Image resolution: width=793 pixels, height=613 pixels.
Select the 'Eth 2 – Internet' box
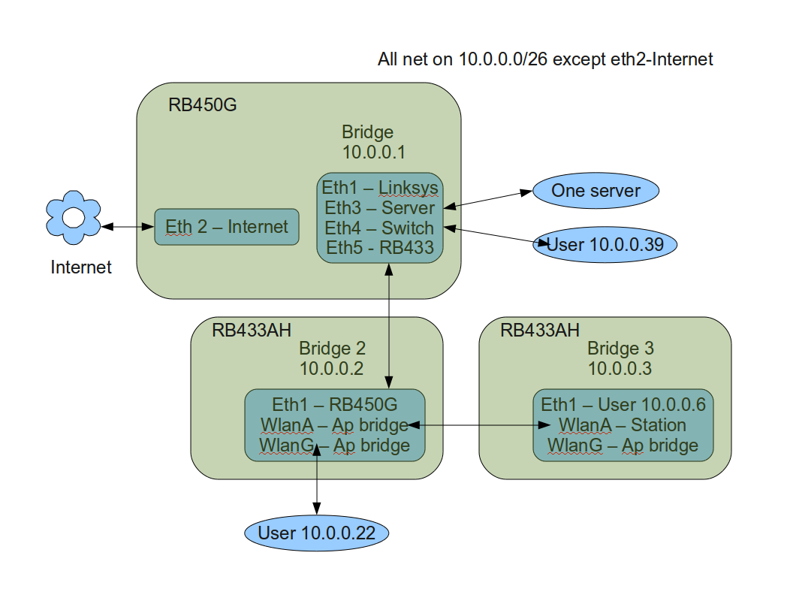tap(227, 227)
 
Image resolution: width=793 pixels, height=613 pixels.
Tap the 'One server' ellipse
tap(596, 191)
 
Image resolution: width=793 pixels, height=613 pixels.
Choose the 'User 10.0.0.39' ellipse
tap(605, 245)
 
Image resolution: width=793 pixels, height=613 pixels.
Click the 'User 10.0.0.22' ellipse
tap(317, 533)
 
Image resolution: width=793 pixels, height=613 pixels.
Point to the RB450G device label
tap(202, 104)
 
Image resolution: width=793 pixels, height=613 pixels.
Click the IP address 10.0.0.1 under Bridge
tap(374, 152)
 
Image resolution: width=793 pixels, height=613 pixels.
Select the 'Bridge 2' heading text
tap(332, 349)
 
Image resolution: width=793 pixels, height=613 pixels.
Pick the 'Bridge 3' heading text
tap(620, 349)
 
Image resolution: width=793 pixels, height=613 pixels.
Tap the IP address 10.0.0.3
tap(620, 368)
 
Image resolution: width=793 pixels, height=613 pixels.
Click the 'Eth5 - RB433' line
tap(380, 248)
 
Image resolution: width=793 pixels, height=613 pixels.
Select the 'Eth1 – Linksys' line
tap(380, 188)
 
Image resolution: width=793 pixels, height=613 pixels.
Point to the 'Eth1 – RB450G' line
tap(335, 405)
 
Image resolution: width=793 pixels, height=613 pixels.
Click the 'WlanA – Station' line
tap(622, 425)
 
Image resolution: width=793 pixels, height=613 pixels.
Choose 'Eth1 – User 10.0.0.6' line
tap(623, 405)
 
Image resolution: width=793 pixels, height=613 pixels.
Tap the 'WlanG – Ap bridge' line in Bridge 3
tap(623, 445)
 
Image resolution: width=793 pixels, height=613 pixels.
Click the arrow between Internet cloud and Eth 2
tap(128, 227)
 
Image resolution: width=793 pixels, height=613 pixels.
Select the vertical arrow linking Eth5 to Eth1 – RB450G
tap(389, 326)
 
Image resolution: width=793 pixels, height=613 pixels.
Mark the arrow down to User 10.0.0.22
tap(317, 480)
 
